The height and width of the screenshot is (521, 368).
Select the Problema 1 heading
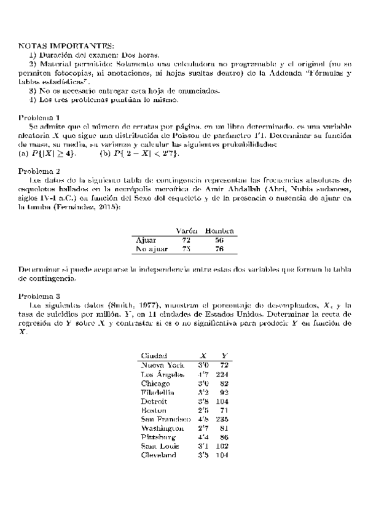tap(39, 117)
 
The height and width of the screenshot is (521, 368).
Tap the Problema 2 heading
tap(39, 171)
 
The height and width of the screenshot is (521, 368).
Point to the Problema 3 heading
tap(39, 296)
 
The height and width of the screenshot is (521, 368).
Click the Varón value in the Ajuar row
tap(187, 240)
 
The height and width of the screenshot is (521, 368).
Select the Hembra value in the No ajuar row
tap(219, 249)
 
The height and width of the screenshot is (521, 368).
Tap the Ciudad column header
tap(154, 356)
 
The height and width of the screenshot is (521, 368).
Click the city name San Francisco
tap(166, 419)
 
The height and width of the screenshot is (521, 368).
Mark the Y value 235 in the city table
tap(223, 419)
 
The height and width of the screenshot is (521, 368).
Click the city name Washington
tap(163, 428)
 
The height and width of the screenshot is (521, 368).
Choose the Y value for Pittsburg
tap(224, 437)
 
